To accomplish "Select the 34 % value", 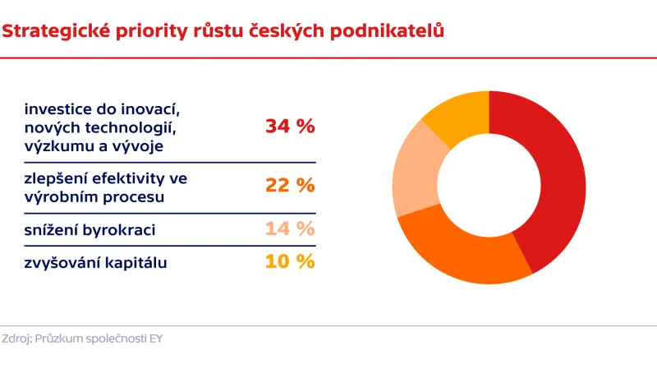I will click(x=290, y=127).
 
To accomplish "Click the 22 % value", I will click(x=290, y=186).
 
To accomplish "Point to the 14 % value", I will click(x=290, y=229).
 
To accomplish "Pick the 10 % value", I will click(x=290, y=261).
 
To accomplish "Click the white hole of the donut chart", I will click(x=489, y=187).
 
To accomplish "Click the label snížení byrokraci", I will click(x=90, y=230).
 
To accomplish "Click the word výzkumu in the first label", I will click(x=56, y=146).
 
